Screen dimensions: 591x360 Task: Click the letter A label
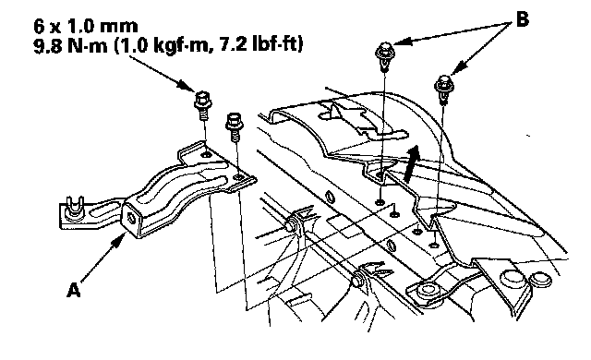coord(74,291)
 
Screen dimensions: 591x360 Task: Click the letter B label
coord(522,18)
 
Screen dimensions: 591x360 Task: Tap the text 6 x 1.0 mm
coord(86,26)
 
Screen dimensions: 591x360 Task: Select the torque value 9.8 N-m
coord(70,45)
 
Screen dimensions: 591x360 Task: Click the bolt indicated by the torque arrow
coord(203,104)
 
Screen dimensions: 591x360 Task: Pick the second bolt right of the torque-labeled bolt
coord(234,126)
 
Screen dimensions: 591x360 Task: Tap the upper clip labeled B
coord(384,56)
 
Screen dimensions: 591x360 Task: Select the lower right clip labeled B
coord(444,89)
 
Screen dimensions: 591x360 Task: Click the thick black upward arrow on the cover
coord(411,164)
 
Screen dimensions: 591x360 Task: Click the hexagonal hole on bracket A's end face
coord(132,218)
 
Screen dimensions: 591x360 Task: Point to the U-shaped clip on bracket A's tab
coord(73,210)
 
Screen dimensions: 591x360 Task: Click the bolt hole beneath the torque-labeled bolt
coord(206,154)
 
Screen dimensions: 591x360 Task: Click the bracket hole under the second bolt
coord(238,176)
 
